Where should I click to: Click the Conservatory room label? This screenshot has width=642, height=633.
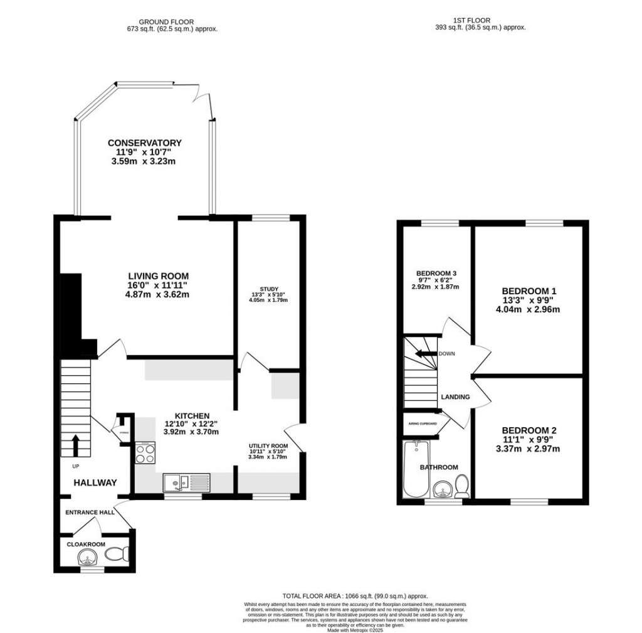[144, 143]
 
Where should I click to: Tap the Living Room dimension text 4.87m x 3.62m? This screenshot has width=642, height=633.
[158, 294]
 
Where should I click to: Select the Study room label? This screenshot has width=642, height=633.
[269, 289]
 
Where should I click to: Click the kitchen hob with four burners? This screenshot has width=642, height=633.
[145, 452]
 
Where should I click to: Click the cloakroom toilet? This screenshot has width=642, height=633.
[117, 553]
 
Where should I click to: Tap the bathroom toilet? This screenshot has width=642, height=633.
[462, 486]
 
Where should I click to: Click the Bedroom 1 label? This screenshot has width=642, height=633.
[529, 291]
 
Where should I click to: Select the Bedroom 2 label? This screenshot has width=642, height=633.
[529, 430]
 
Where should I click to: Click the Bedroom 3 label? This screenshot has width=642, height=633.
[436, 273]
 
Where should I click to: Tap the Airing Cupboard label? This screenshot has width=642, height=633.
[424, 423]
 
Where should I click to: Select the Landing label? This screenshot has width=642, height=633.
[456, 397]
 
